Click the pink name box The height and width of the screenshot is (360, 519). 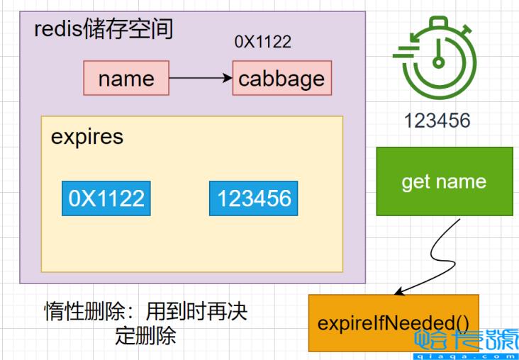(126, 78)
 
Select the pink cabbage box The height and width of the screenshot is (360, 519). (281, 78)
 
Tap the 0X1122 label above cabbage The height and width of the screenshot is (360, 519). (262, 42)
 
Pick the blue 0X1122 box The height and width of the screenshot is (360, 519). (106, 198)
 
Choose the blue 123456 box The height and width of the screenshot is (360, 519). (254, 198)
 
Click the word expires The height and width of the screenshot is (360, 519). (87, 137)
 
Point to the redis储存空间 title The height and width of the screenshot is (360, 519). (104, 30)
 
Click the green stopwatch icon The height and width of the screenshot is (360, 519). (437, 58)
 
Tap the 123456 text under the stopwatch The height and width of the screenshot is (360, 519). (437, 120)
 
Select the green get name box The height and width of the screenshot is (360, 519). (444, 181)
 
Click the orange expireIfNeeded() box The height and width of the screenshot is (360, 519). (394, 322)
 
